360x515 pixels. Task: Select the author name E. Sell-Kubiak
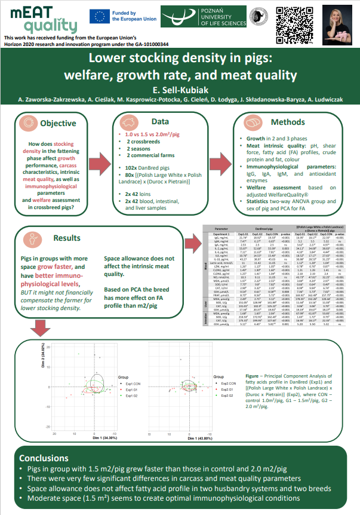[180, 88]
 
